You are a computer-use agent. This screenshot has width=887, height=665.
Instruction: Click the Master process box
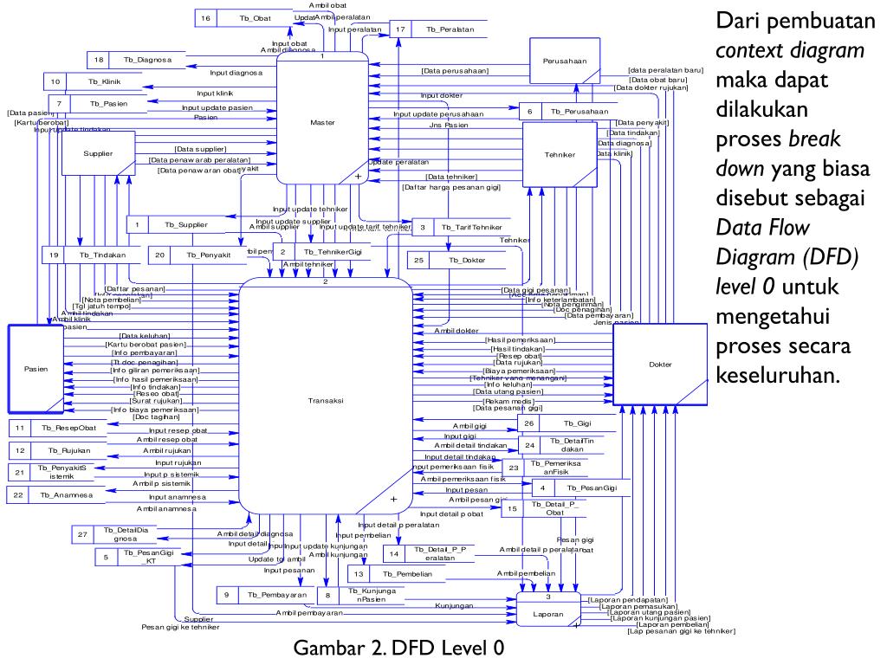(x=322, y=121)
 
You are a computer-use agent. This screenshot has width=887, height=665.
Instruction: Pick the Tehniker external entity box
(x=559, y=154)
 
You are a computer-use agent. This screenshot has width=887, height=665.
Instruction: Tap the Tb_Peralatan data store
(x=450, y=29)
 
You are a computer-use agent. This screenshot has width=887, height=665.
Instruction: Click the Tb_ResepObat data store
(x=74, y=428)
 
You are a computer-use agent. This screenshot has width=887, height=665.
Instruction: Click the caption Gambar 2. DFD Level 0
(x=398, y=648)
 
